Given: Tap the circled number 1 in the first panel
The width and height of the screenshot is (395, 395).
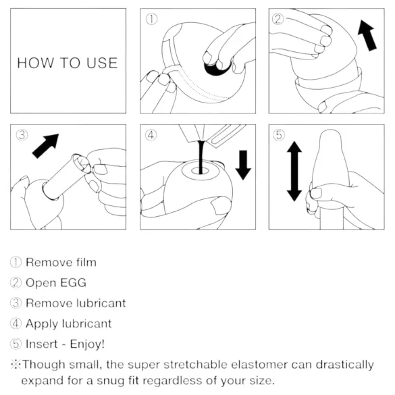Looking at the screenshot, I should point(152,20).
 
